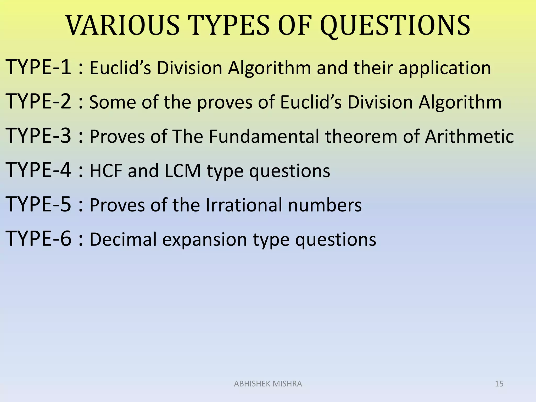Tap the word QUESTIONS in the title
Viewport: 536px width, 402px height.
click(x=395, y=26)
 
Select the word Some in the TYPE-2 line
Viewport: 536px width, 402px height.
click(x=113, y=102)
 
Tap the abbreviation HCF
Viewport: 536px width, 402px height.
click(x=106, y=171)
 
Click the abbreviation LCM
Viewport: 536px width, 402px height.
click(x=183, y=171)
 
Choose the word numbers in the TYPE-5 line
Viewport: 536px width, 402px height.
click(x=325, y=205)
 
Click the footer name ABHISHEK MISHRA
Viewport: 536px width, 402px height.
click(x=268, y=384)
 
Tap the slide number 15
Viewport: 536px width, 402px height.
click(x=499, y=384)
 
